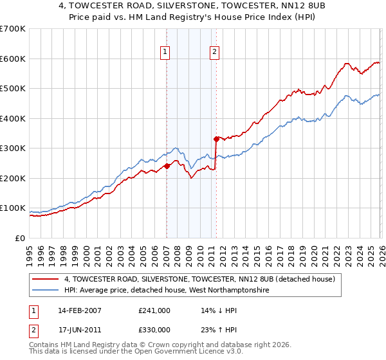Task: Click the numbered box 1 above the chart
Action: coord(165,53)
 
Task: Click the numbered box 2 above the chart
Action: coord(214,53)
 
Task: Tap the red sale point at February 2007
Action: coord(167,166)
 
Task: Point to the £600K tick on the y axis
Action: coord(13,59)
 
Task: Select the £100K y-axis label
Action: coord(13,208)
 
